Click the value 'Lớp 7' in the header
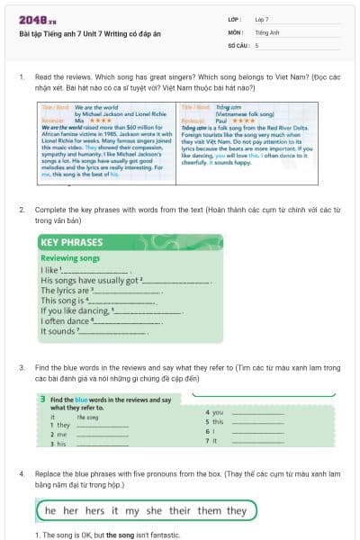(262, 18)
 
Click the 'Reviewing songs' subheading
(70, 257)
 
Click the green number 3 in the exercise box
(42, 398)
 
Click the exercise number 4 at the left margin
(21, 472)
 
